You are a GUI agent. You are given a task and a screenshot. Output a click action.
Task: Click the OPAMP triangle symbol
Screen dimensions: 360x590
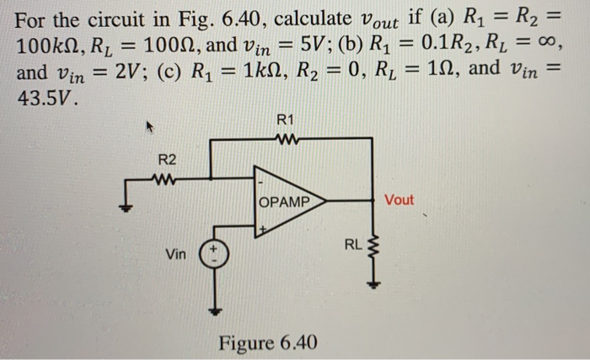(x=287, y=202)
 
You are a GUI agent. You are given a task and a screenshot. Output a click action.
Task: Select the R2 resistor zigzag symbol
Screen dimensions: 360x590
(x=167, y=179)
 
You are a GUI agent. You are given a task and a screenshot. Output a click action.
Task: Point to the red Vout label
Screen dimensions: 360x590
(x=400, y=201)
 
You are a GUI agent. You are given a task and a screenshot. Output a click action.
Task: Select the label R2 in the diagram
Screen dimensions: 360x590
(x=167, y=159)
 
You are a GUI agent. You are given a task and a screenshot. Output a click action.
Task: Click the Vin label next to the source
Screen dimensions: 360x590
(x=176, y=253)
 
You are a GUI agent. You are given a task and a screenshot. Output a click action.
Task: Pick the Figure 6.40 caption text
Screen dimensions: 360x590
(x=268, y=342)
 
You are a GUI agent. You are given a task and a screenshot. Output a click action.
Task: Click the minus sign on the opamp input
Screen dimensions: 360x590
(x=262, y=182)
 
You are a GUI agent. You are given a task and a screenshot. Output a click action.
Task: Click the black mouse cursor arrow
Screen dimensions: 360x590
(x=153, y=129)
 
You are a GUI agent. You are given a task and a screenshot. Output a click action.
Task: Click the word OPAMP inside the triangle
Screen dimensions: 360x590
(x=282, y=202)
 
